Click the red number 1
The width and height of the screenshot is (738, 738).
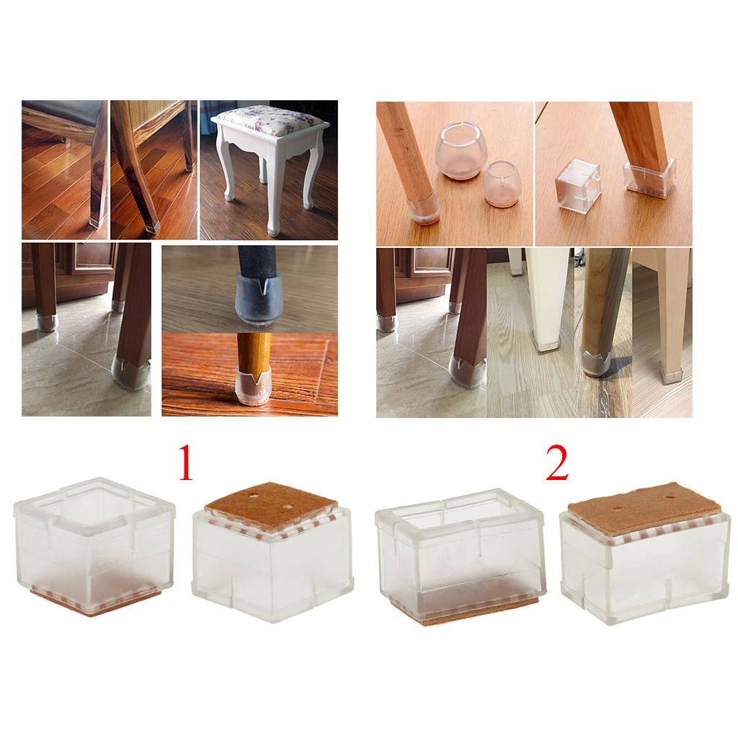(x=185, y=463)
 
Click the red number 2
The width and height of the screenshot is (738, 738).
(x=557, y=463)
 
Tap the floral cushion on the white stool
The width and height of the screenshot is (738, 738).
(x=270, y=120)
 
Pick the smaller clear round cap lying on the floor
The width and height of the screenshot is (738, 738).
(x=502, y=184)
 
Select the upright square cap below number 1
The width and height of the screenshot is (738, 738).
(x=94, y=547)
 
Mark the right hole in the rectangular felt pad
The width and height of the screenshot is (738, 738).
(x=670, y=497)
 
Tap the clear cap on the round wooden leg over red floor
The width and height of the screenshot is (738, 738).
(x=253, y=387)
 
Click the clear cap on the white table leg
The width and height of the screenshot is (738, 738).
(x=546, y=341)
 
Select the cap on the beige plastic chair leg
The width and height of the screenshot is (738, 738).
(x=671, y=373)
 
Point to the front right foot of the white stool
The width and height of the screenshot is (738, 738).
(x=273, y=229)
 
